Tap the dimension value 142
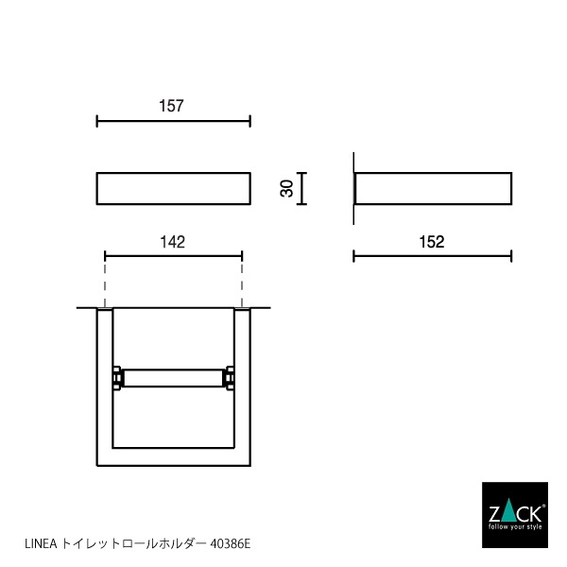[x=172, y=241]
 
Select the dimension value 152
[x=431, y=241]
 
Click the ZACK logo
[x=514, y=515]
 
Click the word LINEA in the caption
[x=39, y=544]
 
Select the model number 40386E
[x=231, y=544]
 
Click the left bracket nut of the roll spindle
[x=117, y=378]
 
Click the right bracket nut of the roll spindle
[x=229, y=378]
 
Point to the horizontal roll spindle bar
[x=173, y=378]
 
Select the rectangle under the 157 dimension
[x=173, y=188]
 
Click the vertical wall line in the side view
[x=353, y=189]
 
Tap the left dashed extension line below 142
[x=105, y=281]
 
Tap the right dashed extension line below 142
[x=243, y=281]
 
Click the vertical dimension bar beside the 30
[x=301, y=188]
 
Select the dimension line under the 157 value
[x=173, y=121]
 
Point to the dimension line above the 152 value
[x=432, y=255]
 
